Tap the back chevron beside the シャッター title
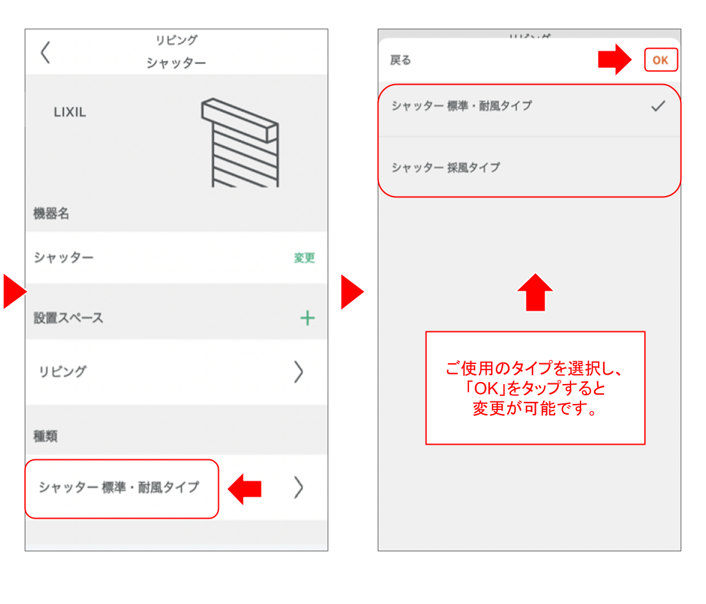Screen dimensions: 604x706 click(45, 52)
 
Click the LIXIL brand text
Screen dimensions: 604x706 click(69, 113)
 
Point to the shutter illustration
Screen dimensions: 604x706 click(240, 142)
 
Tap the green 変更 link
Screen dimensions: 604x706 click(304, 258)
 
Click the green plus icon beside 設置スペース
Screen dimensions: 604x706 click(307, 318)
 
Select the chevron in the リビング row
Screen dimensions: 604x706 click(298, 372)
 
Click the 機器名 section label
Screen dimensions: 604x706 click(51, 214)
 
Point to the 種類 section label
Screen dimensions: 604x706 click(45, 436)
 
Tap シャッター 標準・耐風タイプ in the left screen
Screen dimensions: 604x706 click(119, 488)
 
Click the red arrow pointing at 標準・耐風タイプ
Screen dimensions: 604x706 click(244, 489)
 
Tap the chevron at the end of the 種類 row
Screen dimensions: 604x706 click(298, 488)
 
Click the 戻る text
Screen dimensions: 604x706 click(400, 61)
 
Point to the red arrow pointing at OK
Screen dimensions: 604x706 click(614, 60)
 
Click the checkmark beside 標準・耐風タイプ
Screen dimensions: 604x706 click(658, 106)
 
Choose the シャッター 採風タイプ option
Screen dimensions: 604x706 click(446, 167)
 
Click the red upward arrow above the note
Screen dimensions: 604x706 click(535, 292)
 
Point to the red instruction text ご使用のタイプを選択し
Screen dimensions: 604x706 click(535, 368)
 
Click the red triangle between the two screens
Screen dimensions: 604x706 click(352, 292)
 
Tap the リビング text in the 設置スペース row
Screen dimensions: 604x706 click(62, 372)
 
